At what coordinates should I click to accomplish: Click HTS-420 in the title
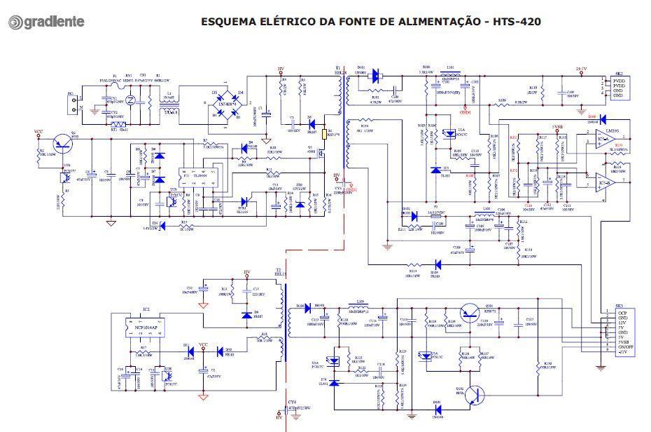click(x=517, y=21)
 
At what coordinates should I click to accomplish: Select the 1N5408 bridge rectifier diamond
click(x=226, y=104)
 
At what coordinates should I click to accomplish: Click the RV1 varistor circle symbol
click(x=129, y=101)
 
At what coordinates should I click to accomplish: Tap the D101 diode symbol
click(x=376, y=74)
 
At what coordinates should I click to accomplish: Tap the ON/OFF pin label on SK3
click(x=625, y=346)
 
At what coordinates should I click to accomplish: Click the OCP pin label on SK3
click(x=622, y=313)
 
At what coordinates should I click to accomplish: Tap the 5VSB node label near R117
click(x=557, y=126)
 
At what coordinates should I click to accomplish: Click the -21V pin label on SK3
click(x=622, y=352)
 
